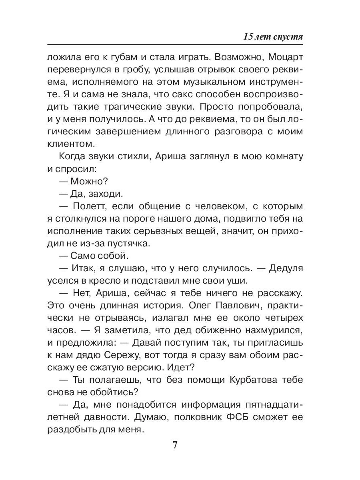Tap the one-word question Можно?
88,181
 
